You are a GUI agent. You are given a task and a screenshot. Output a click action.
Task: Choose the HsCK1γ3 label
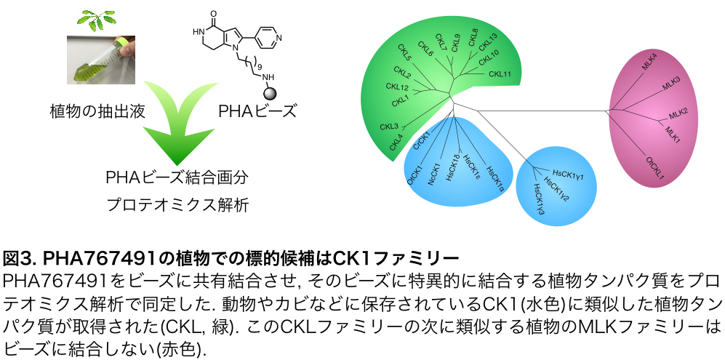[x=539, y=199]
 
